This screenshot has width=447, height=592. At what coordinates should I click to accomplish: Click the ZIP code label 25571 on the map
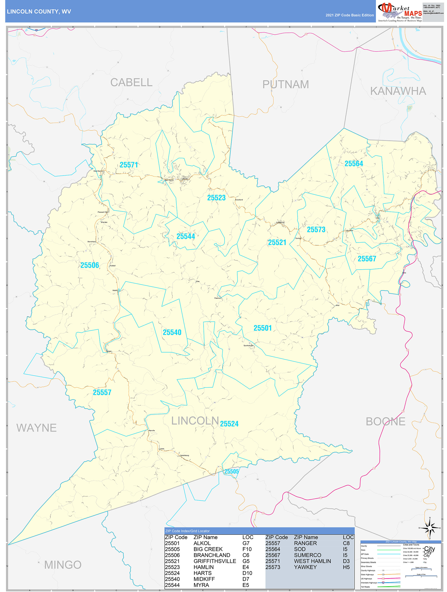pos(129,165)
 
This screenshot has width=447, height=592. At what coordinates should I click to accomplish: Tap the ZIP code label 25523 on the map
pos(216,198)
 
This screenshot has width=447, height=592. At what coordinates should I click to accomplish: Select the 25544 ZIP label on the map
pos(186,236)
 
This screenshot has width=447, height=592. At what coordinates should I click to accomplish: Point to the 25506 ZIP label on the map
pos(90,265)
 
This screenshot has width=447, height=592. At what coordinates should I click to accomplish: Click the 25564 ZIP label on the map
pos(354,163)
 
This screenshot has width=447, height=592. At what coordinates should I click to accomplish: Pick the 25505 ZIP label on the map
pos(231,471)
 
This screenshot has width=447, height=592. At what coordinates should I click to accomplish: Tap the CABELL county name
pos(131,82)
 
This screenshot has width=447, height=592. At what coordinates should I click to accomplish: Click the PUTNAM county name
pos(285,84)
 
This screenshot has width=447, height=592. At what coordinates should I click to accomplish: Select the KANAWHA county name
pos(398,91)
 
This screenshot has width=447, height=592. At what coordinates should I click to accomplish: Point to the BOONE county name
pos(386,421)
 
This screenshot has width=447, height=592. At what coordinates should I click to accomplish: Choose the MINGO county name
pos(63,565)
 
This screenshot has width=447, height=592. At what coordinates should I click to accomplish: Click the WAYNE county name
pos(36,428)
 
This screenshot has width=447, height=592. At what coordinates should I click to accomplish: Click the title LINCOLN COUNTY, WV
pos(39,12)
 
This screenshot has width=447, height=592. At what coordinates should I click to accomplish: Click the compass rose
pos(430,528)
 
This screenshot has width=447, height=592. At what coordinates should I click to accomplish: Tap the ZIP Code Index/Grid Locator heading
pos(187,531)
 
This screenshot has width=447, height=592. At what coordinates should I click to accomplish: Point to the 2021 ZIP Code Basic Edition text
pos(349,15)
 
